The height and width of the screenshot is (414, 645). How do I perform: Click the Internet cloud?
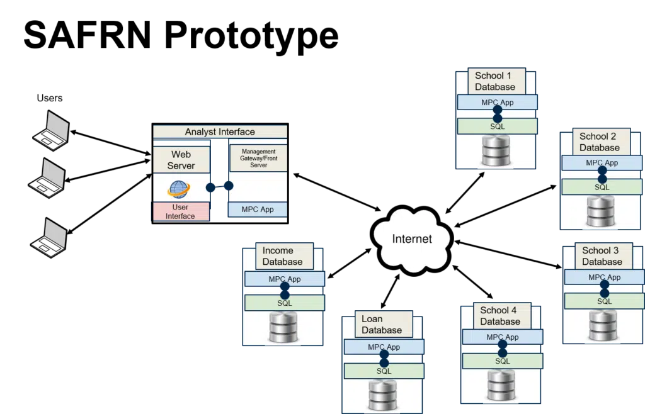pyautogui.click(x=412, y=239)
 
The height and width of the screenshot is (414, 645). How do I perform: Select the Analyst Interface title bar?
pyautogui.click(x=220, y=132)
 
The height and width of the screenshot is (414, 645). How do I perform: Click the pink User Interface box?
pyautogui.click(x=181, y=211)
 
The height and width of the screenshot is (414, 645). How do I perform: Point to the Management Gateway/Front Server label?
pyautogui.click(x=258, y=158)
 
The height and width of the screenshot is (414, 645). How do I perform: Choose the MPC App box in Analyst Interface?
pyautogui.click(x=258, y=210)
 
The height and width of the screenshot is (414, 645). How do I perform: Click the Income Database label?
pyautogui.click(x=282, y=256)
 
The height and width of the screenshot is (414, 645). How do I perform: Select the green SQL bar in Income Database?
pyautogui.click(x=285, y=303)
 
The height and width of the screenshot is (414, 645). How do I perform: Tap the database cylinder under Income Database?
pyautogui.click(x=283, y=328)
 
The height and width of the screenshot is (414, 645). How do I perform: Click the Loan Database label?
pyautogui.click(x=382, y=324)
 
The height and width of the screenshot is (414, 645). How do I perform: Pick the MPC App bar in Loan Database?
pyautogui.click(x=384, y=347)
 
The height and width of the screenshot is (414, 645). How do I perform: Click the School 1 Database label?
pyautogui.click(x=495, y=82)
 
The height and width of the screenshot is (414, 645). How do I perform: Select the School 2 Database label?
pyautogui.click(x=600, y=142)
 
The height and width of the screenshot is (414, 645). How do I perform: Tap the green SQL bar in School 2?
pyautogui.click(x=602, y=187)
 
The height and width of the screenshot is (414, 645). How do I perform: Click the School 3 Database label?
pyautogui.click(x=602, y=256)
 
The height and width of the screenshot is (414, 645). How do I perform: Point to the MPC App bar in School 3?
pyautogui.click(x=604, y=277)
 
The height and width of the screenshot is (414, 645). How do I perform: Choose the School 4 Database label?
pyautogui.click(x=500, y=316)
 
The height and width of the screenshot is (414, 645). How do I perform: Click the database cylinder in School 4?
pyautogui.click(x=501, y=384)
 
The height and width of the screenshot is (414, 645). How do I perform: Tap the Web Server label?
pyautogui.click(x=181, y=160)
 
